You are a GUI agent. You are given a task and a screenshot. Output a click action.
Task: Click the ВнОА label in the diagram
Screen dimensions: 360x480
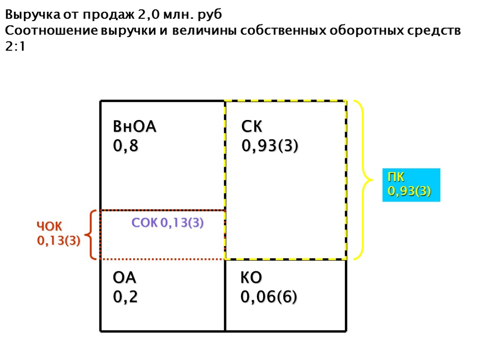tap(135, 127)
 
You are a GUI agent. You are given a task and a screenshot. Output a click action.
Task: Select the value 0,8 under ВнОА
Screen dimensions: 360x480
tap(126, 146)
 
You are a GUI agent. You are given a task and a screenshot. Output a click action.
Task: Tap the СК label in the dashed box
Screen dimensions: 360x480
tap(252, 127)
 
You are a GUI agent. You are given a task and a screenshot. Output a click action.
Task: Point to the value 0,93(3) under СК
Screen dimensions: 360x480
tap(270, 146)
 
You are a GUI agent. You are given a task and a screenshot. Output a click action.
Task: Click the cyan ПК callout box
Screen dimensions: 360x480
tap(411, 185)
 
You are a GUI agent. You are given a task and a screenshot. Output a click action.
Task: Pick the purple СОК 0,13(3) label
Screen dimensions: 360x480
tap(167, 223)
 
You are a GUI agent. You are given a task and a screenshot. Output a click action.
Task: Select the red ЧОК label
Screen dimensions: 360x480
tap(49, 226)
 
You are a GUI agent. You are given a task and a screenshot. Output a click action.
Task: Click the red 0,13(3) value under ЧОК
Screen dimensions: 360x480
tap(59, 241)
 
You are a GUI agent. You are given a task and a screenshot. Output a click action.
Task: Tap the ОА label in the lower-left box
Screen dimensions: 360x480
tap(125, 278)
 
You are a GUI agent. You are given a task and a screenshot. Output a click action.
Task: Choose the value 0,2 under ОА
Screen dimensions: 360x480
tap(126, 297)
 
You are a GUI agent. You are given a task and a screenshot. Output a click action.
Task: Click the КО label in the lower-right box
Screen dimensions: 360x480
tap(251, 278)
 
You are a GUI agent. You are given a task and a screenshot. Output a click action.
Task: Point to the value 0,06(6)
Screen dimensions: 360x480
tap(269, 297)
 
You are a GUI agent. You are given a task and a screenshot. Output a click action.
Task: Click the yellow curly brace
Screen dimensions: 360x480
tap(364, 179)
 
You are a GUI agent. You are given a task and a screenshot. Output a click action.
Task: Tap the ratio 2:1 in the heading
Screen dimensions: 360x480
tap(15, 47)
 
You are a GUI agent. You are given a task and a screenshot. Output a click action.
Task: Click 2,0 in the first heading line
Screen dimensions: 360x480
tap(149, 15)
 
